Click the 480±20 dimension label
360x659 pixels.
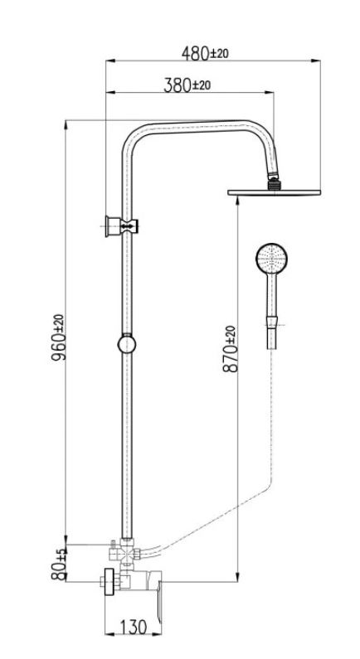coord(205,53)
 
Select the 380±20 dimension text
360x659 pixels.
coord(187,85)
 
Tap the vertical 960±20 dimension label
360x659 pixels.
coord(58,337)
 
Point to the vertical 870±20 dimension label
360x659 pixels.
coord(230,349)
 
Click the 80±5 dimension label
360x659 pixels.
coord(58,564)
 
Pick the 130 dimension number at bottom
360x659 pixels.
coord(134,628)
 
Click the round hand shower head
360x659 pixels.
coord(272,258)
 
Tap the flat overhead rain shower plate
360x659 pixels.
coord(275,192)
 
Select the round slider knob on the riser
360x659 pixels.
coord(127,344)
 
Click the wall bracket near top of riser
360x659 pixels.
coord(122,226)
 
